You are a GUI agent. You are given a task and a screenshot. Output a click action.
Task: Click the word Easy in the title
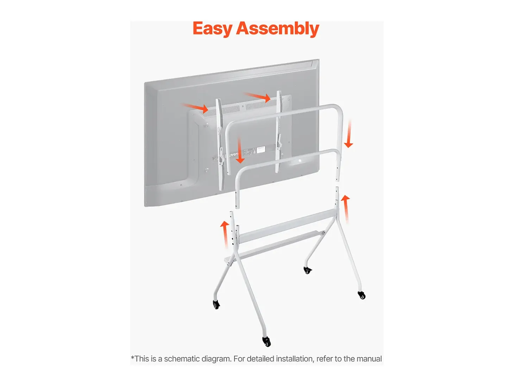[x=212, y=29]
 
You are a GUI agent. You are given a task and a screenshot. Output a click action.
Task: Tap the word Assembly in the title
[x=277, y=29]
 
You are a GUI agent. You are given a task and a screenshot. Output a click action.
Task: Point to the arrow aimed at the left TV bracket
[x=194, y=107]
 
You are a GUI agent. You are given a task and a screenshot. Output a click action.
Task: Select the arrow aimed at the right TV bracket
[x=257, y=97]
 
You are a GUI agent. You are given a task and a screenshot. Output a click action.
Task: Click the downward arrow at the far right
[x=349, y=133]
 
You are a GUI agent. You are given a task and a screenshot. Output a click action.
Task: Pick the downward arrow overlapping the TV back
[x=240, y=150]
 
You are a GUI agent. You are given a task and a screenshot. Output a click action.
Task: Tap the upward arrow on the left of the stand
[x=225, y=234]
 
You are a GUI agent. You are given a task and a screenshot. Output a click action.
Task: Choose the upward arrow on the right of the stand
[x=346, y=209]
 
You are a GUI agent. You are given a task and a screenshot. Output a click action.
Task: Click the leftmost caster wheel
[x=217, y=305]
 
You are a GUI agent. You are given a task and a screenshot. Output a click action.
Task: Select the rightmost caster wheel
[x=362, y=295]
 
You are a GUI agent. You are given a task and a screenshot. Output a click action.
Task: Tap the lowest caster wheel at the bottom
[x=267, y=342]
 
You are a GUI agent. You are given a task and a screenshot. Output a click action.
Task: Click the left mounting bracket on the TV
[x=220, y=144]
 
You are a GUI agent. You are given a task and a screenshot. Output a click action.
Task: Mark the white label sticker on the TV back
[x=261, y=150]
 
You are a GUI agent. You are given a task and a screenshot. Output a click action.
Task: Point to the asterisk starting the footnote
[x=132, y=357]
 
